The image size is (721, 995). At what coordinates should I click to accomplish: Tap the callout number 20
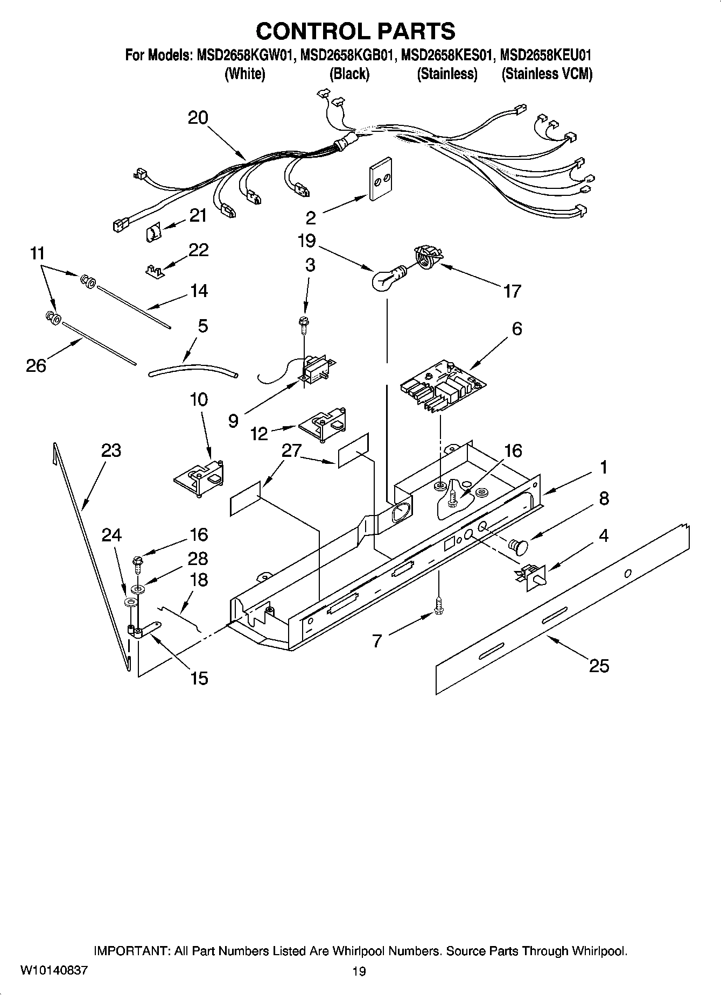(x=198, y=118)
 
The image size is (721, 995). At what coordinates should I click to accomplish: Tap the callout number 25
(x=599, y=666)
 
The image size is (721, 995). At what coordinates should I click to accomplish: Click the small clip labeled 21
(x=153, y=234)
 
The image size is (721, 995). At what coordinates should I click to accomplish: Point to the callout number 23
(x=111, y=450)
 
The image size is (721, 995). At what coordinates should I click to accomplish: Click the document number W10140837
(x=53, y=970)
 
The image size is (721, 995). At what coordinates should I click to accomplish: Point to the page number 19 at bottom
(x=359, y=971)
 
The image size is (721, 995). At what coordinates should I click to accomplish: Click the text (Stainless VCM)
(x=547, y=74)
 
